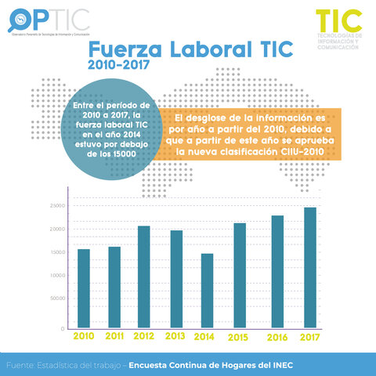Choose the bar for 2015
240,276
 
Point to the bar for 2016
277,272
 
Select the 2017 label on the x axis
310,337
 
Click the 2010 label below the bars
84,336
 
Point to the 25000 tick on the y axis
56,206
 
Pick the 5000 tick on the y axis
56,298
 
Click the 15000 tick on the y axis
56,252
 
